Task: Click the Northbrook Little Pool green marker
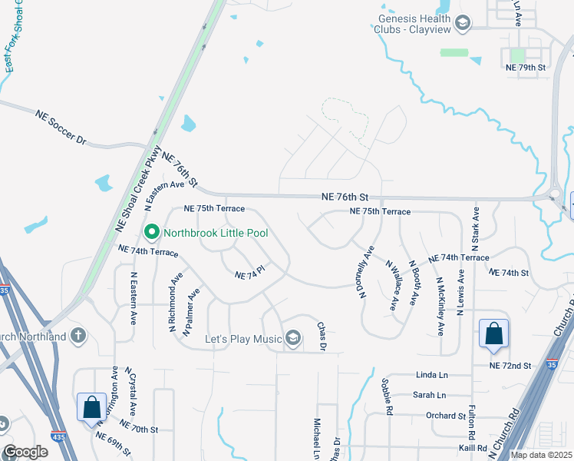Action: tap(152, 230)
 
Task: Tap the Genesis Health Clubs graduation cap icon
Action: tap(463, 25)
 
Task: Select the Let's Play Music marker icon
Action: tap(292, 337)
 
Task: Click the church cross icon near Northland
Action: tap(78, 335)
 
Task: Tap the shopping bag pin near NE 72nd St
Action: tap(494, 333)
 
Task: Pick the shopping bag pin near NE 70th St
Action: tap(91, 407)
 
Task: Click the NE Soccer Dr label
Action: tap(62, 128)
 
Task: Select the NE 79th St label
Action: tap(525, 68)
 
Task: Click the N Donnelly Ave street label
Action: tap(365, 272)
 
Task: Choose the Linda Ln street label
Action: tap(430, 375)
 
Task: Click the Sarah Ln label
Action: tap(430, 395)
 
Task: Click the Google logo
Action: tap(25, 452)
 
